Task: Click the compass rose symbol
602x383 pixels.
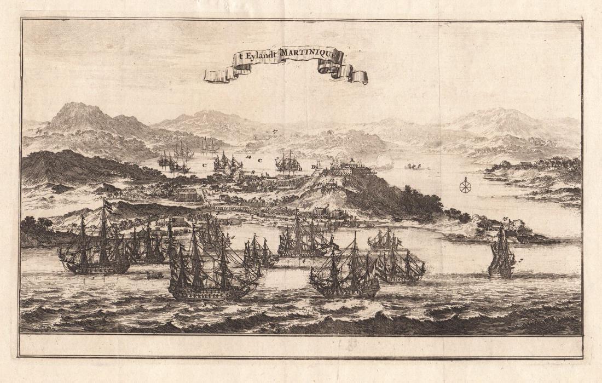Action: pyautogui.click(x=465, y=186)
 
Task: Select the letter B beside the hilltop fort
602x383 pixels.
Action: pyautogui.click(x=313, y=165)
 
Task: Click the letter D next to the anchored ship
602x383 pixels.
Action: pyautogui.click(x=300, y=169)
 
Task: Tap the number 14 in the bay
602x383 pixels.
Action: pyautogui.click(x=249, y=158)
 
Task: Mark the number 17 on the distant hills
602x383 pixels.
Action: pyautogui.click(x=275, y=132)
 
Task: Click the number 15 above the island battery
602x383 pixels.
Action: pyautogui.click(x=505, y=220)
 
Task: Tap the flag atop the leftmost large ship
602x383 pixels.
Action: pyautogui.click(x=108, y=205)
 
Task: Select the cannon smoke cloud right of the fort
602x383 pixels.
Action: pyautogui.click(x=383, y=161)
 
